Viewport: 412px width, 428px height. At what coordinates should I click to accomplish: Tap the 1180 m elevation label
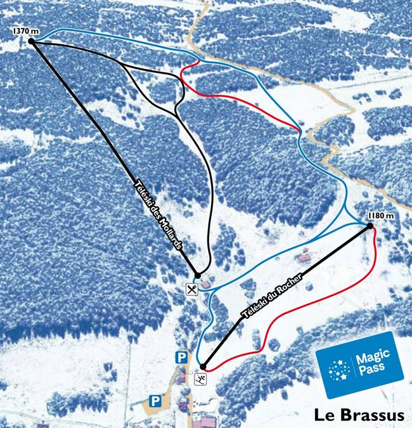coord(380,215)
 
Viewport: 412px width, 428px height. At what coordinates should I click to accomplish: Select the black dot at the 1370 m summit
coord(30,41)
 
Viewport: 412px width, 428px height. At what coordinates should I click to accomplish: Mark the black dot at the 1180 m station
coord(370,225)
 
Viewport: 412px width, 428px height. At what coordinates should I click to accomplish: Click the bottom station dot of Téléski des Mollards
coord(197,275)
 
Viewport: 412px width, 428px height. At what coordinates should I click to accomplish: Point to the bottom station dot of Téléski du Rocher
coord(203,366)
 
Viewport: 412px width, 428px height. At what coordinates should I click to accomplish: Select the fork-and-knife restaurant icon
coord(193,289)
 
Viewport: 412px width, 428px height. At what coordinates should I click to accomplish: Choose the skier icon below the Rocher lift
coord(202,380)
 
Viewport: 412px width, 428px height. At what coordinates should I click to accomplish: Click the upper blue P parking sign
coord(182,358)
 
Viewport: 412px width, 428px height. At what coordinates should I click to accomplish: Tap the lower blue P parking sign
coord(155,401)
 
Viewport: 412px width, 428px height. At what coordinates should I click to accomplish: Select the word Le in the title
coord(324,415)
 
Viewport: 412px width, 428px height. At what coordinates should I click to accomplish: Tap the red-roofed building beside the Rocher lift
coord(304,258)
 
